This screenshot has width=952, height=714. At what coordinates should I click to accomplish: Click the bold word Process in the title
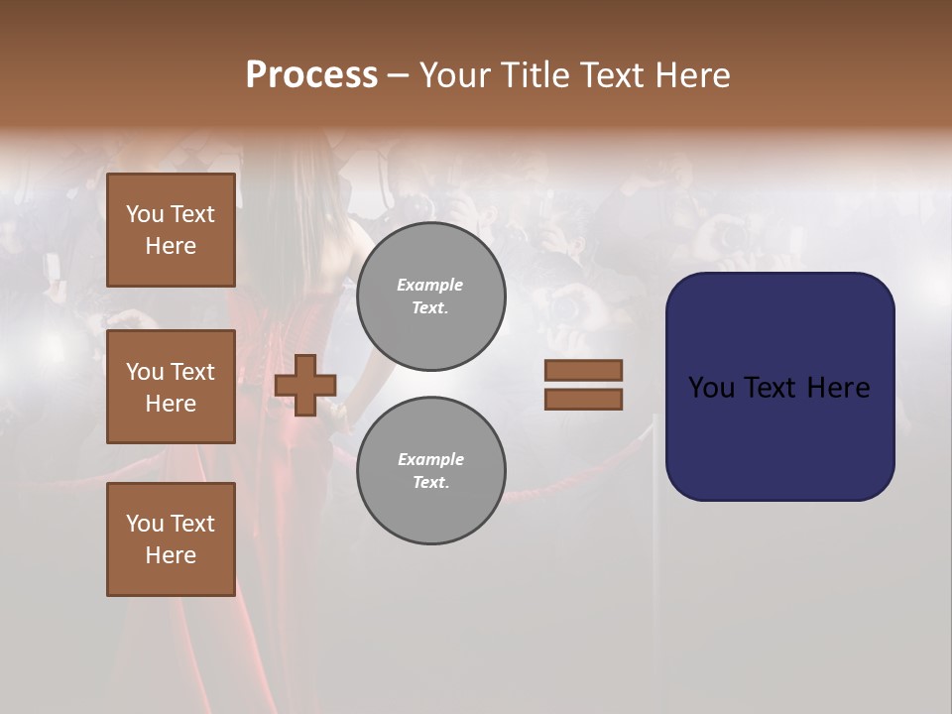(311, 75)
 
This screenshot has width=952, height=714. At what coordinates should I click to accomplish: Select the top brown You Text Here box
(171, 230)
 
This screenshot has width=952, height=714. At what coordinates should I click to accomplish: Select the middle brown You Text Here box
(171, 387)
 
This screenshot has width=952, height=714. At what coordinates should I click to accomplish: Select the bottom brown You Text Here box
(171, 539)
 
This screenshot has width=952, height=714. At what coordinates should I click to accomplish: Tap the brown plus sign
(305, 385)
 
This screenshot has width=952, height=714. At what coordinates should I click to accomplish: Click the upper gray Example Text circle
(430, 297)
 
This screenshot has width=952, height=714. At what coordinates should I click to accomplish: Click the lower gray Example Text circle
(430, 471)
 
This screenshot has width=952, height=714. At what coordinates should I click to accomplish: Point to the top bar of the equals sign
(583, 370)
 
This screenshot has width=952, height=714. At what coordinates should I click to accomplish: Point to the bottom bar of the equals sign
(583, 399)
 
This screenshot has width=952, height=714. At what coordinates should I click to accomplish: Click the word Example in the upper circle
(430, 286)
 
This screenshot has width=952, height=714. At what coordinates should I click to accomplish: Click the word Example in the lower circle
(430, 460)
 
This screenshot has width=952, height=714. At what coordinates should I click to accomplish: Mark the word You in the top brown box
(145, 214)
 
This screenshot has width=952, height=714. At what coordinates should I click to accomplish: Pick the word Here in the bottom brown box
(171, 555)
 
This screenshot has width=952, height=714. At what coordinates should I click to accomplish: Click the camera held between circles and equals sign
(565, 308)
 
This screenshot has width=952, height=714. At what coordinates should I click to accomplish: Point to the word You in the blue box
(711, 388)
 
